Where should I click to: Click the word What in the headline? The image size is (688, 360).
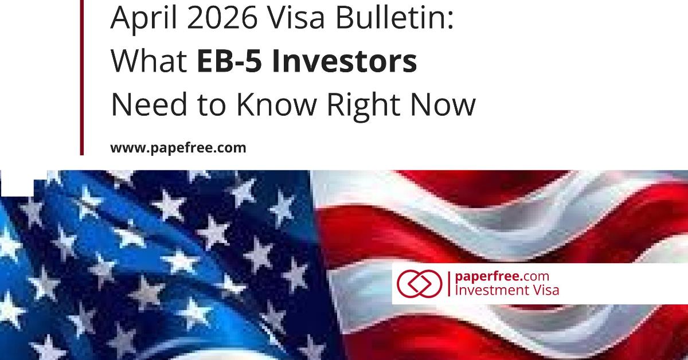[x=148, y=62]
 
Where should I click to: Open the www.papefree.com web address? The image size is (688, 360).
[x=178, y=148]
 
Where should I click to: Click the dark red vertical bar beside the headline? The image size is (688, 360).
[x=82, y=77]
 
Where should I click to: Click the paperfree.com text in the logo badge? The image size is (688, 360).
[x=497, y=277]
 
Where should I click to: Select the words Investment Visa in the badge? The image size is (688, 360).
[x=506, y=290]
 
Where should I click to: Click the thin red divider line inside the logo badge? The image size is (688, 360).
[x=448, y=284]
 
